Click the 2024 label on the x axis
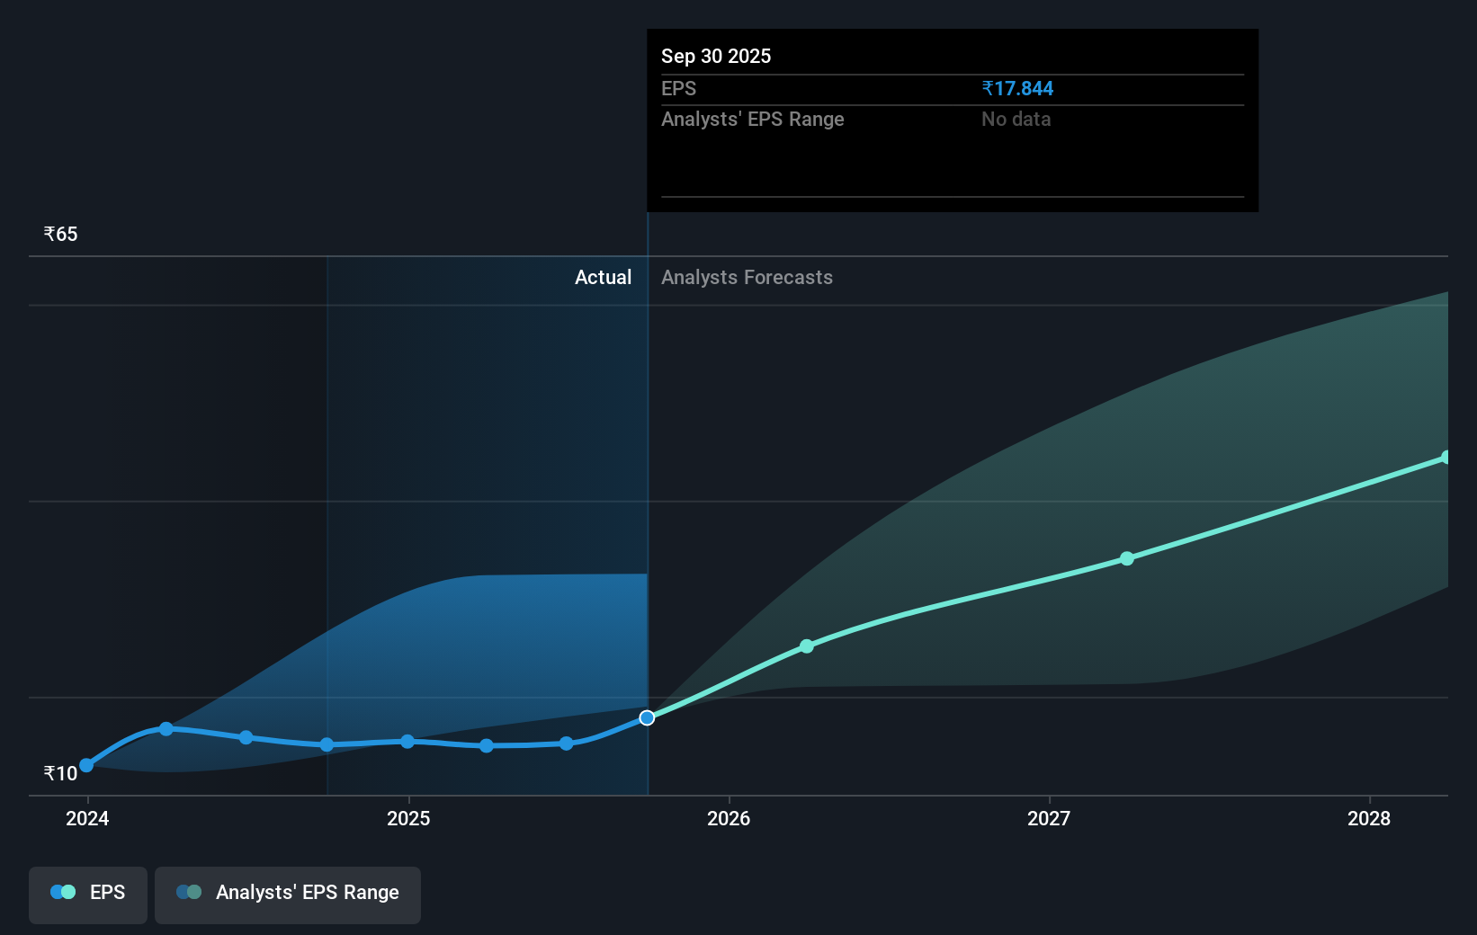coord(87,818)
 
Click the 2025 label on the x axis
coord(408,818)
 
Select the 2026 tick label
coord(729,818)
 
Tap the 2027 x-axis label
coord(1049,818)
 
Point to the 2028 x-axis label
coord(1369,818)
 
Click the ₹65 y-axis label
coord(61,235)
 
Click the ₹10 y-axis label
coord(61,773)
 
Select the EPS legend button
coord(88,893)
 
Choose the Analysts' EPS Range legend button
coord(288,893)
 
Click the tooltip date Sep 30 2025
coord(716,57)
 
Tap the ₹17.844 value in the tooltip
coord(1017,89)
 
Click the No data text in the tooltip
coord(1016,120)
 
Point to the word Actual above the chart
coord(603,278)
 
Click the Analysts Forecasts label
coord(747,278)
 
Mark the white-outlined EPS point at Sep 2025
coord(647,717)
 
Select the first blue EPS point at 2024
coord(86,765)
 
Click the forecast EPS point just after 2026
coord(807,646)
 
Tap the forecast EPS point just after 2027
coord(1127,558)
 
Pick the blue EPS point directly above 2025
coord(407,742)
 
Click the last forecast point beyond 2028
coord(1446,458)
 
